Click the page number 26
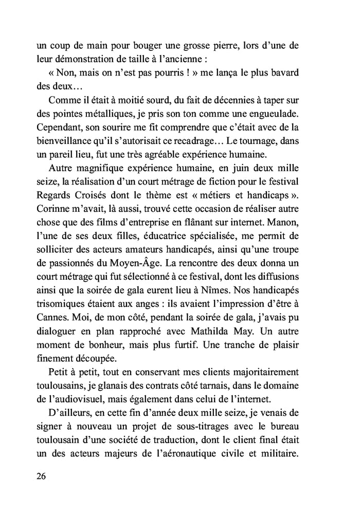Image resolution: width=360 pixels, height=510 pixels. pyautogui.click(x=42, y=476)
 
